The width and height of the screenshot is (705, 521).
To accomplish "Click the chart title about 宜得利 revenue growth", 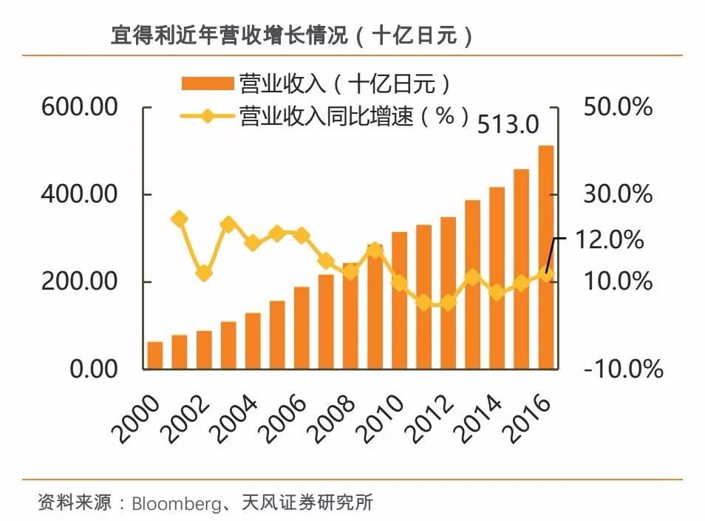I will coord(292,35).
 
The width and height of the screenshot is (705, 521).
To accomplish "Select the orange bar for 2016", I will coord(545,257).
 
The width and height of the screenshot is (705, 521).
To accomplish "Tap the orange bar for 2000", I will coord(154,355).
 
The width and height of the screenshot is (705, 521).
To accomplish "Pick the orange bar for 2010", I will coord(399,300).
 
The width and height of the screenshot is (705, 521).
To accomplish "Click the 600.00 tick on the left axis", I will coord(80,107).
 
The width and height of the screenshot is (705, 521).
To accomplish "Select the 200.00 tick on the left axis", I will coord(80,282).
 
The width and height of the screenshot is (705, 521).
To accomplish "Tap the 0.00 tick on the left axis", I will coord(94,369).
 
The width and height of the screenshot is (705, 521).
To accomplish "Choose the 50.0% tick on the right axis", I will coord(618,107).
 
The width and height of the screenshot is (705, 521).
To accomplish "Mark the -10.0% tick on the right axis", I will coord(622,369).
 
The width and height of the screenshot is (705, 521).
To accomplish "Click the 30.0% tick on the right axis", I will coord(618,194).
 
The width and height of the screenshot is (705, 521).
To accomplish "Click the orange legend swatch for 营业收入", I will coord(205,83).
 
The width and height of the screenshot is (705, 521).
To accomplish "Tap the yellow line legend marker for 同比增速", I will coord(205,116).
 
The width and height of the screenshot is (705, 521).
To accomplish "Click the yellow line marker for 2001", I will coord(179,219).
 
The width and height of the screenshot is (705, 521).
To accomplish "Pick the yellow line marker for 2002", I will coord(204,273).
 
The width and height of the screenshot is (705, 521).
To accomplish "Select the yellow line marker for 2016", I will coord(545,274).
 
